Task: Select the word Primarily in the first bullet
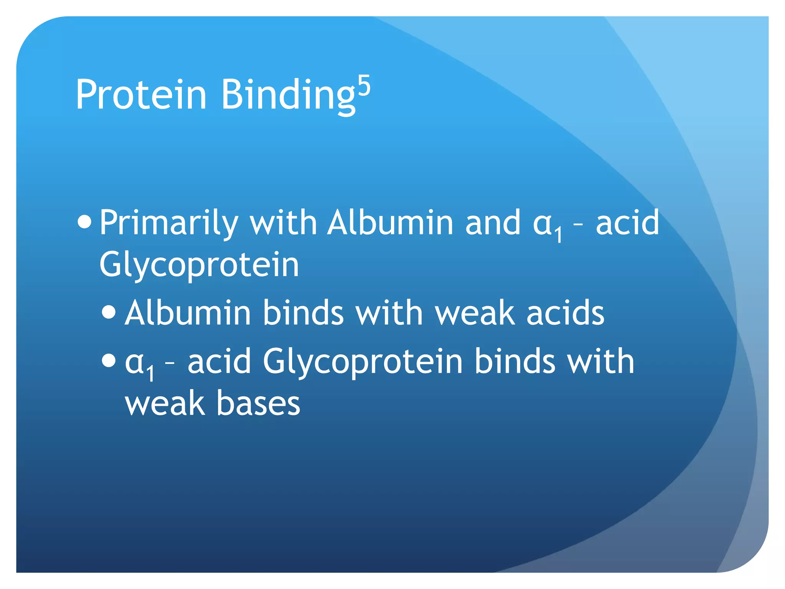tap(169, 223)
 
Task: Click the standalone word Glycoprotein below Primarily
tap(199, 265)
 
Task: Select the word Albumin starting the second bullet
tap(188, 313)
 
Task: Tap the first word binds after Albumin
tap(303, 313)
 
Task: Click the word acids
tap(565, 313)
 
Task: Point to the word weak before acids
tap(475, 313)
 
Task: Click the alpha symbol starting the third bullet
tap(134, 362)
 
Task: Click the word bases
tap(258, 403)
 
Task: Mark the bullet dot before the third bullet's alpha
tap(109, 360)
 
